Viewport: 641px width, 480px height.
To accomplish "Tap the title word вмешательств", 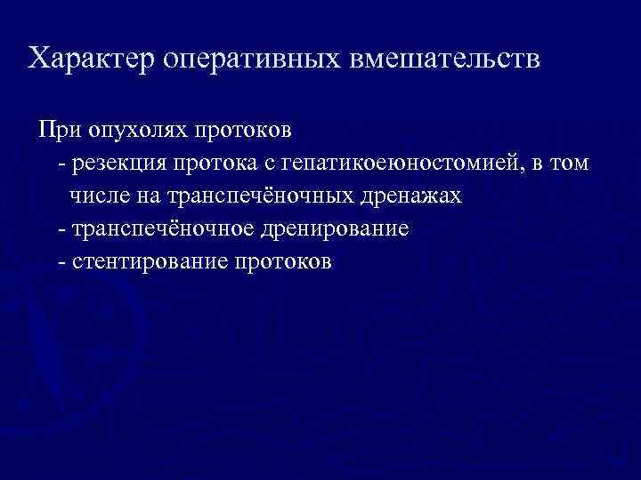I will coord(442,60).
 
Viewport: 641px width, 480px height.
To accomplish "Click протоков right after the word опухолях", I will coord(251,131).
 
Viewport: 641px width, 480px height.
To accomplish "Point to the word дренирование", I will coord(332,229).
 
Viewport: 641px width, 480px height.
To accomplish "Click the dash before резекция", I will coord(60,164).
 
